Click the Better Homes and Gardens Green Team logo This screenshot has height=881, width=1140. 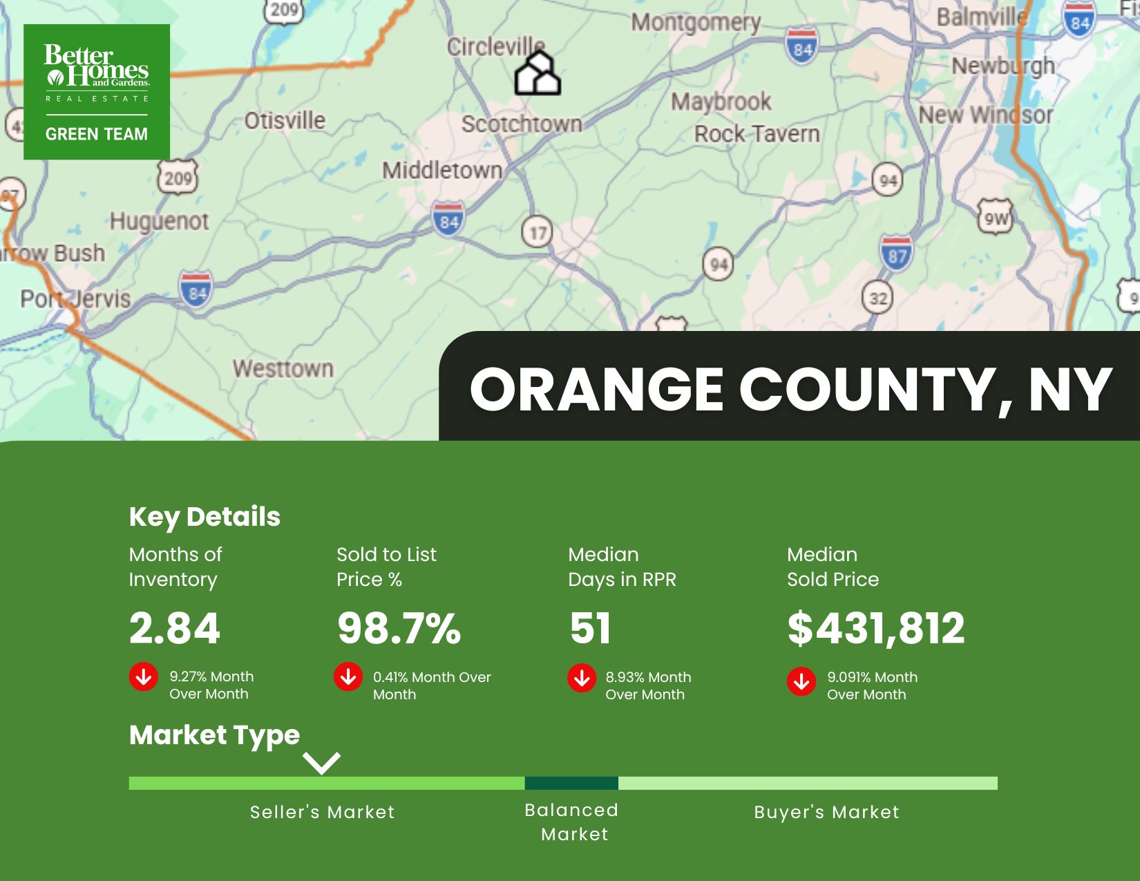[x=97, y=92]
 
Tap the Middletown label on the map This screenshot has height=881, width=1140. [x=442, y=170]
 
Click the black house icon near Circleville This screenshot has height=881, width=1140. [x=538, y=73]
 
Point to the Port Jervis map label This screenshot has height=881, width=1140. [x=75, y=299]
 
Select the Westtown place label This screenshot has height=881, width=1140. [x=283, y=368]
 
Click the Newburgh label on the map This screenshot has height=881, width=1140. [x=1003, y=66]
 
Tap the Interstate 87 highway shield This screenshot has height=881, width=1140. [x=896, y=253]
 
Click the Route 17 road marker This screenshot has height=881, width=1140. [x=538, y=232]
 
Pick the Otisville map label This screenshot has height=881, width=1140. [x=285, y=121]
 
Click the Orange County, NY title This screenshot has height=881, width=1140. [x=790, y=389]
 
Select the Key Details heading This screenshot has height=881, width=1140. [x=205, y=517]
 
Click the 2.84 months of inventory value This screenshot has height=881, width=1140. [x=174, y=628]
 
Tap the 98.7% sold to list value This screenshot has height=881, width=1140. [x=399, y=628]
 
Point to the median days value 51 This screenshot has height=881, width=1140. [x=590, y=628]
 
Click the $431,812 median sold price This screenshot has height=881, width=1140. [x=875, y=628]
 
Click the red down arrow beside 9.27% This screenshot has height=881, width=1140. [x=144, y=676]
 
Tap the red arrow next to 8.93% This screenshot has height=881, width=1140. [x=582, y=678]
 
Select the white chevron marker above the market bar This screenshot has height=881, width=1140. [x=321, y=763]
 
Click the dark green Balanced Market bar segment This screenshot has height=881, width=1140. [x=571, y=783]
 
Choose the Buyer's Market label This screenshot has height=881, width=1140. [x=826, y=812]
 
